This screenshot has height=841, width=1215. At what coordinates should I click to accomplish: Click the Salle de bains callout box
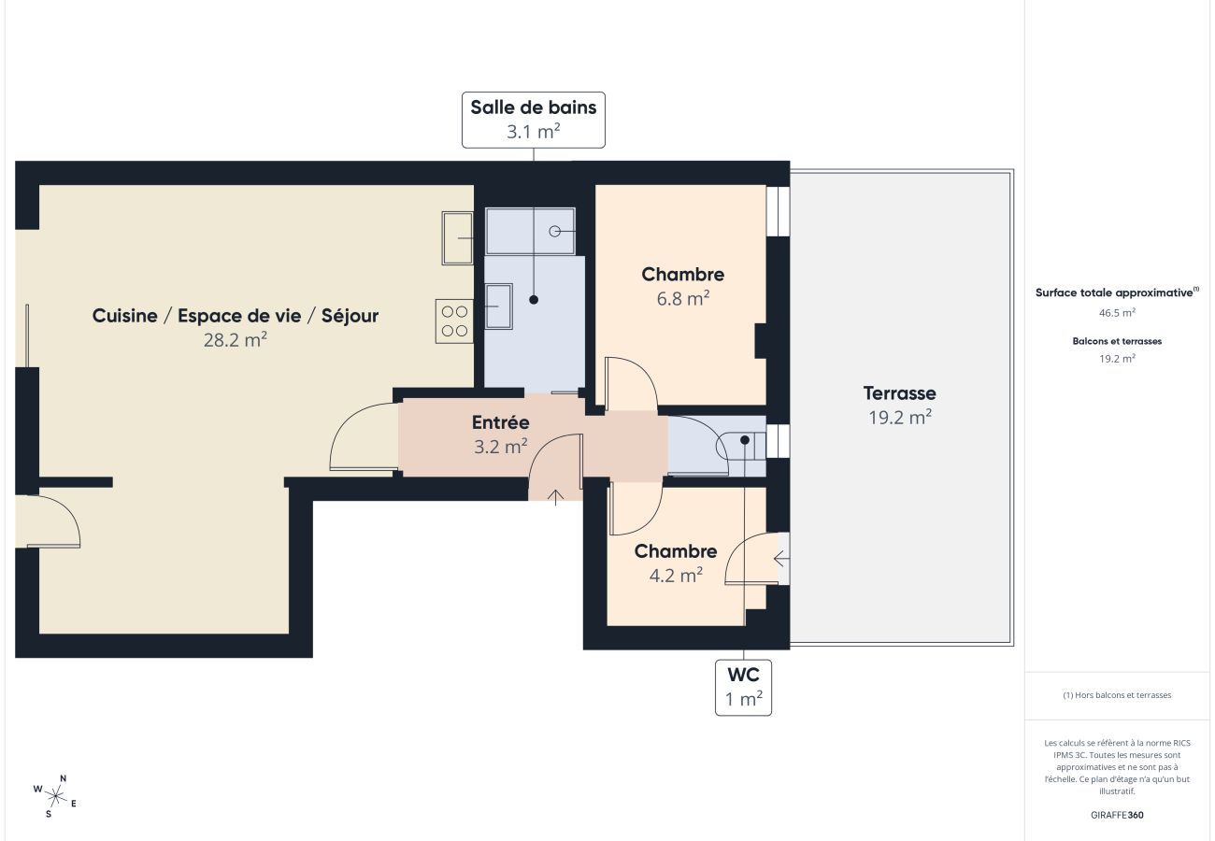[533, 120]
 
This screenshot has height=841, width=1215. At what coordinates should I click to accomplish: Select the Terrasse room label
[899, 393]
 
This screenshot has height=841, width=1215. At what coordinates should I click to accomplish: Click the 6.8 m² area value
[681, 299]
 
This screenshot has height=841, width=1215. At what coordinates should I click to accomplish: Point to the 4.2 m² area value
[675, 576]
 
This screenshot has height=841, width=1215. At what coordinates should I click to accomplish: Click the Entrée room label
[500, 422]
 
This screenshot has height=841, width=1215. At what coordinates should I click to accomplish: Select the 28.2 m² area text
[236, 340]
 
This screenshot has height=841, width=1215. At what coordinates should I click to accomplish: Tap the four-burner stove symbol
[454, 321]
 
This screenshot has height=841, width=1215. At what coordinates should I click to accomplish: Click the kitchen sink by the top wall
[457, 237]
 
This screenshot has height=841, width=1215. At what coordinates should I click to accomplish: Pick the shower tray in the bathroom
[530, 231]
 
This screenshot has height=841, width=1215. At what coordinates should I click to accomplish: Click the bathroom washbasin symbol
[498, 306]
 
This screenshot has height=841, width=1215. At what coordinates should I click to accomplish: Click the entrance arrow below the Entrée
[554, 496]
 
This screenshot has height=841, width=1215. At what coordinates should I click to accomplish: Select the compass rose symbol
[55, 796]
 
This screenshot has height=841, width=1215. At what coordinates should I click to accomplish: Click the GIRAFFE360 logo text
[1117, 815]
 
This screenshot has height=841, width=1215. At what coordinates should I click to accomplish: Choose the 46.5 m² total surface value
[1117, 313]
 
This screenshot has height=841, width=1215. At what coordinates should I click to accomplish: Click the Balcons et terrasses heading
[1117, 341]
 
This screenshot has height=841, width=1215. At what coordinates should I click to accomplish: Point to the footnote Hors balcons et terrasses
[1117, 695]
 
